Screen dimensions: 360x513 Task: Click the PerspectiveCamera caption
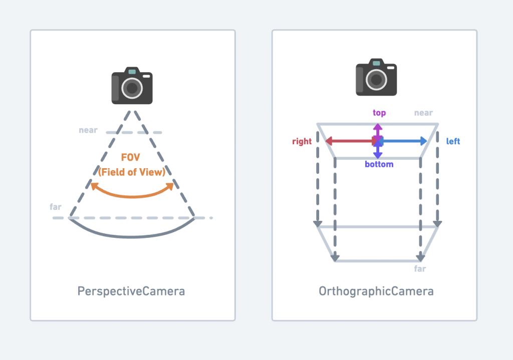click(x=131, y=291)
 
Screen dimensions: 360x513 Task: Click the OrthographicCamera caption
click(x=376, y=291)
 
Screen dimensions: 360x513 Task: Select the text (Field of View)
click(x=131, y=172)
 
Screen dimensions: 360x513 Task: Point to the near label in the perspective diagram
click(x=88, y=130)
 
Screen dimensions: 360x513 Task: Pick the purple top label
click(x=379, y=113)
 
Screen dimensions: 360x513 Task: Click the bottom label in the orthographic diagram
click(x=379, y=164)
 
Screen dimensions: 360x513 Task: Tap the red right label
click(x=302, y=142)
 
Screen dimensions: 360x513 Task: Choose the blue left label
click(x=453, y=142)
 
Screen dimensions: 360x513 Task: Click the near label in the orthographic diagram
click(x=423, y=113)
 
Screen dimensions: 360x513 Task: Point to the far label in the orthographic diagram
click(x=420, y=269)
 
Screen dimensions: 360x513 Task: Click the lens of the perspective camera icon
click(x=132, y=89)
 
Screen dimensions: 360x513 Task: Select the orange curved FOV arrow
click(x=132, y=194)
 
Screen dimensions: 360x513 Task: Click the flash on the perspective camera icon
click(x=146, y=76)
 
